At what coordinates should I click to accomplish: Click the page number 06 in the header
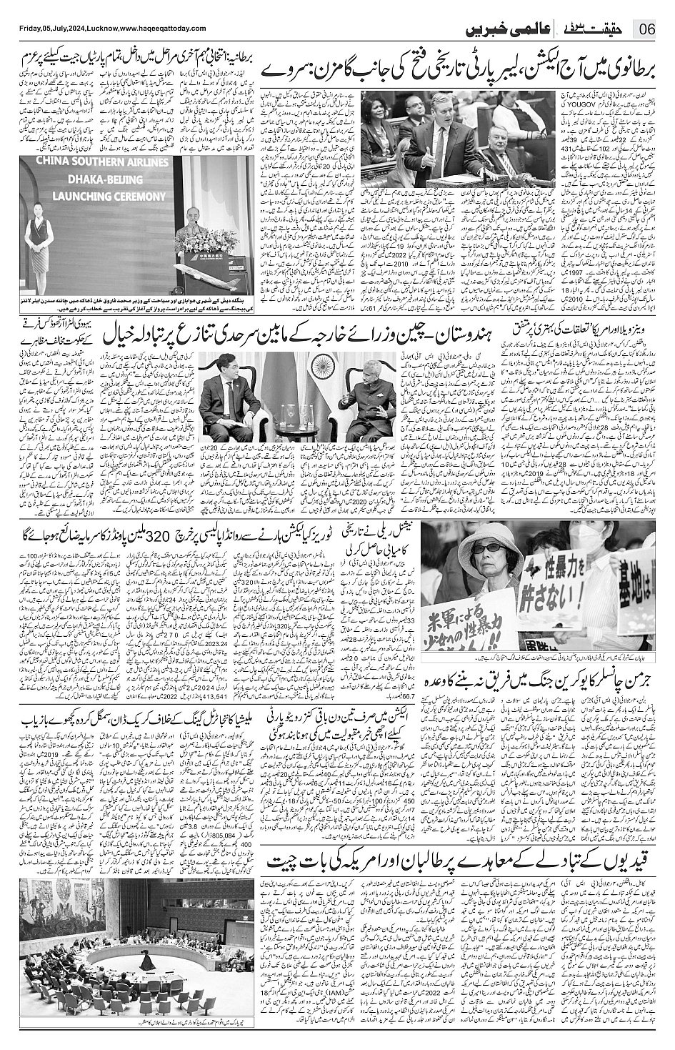click(x=647, y=31)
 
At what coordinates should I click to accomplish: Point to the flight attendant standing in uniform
click(x=36, y=243)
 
